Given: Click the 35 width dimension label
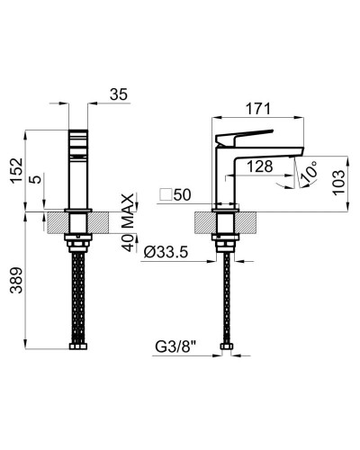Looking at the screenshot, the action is coord(119,94).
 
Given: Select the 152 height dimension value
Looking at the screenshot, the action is coord(16,170).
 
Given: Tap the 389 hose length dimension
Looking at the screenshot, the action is coord(16,280).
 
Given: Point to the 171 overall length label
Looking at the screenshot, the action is coord(258,109).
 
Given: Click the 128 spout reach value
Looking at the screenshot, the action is coord(260,166).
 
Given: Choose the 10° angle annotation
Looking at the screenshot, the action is coord(309,172).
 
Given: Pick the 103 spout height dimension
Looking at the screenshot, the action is coord(339,183).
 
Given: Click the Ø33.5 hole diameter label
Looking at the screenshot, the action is coord(166,252).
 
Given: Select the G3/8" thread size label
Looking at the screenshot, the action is coord(175,347).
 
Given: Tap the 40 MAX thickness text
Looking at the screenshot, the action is coord(129,222).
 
